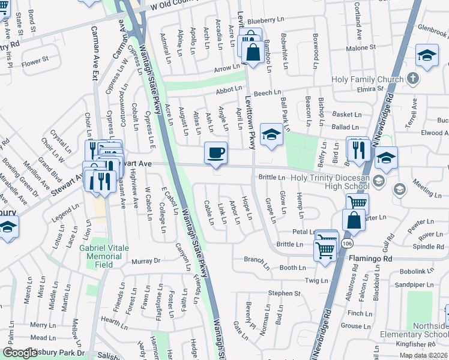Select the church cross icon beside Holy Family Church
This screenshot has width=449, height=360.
tap(412, 79)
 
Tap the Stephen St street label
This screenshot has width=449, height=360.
tap(284, 293)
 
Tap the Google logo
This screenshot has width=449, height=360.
tap(20, 353)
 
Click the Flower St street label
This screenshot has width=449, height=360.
tap(35, 61)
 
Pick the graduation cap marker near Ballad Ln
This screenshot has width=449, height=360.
tap(271, 136)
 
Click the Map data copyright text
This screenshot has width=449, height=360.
tap(424, 355)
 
